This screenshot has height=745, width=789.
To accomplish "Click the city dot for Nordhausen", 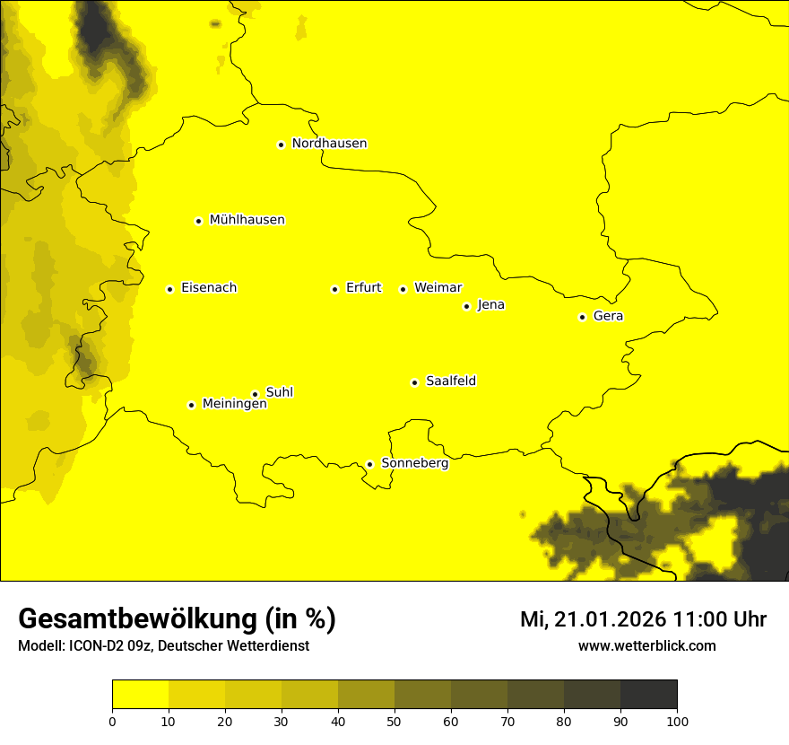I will click(x=281, y=145).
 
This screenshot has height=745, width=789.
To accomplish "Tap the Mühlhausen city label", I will click(x=247, y=220).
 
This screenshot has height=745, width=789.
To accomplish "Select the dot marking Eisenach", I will click(x=169, y=289).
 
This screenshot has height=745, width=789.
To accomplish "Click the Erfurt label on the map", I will click(x=363, y=288).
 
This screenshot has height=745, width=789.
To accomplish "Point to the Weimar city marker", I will click(x=403, y=289).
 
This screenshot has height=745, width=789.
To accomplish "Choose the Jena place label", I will click(x=490, y=305).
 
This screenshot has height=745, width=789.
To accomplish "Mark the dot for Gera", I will click(x=582, y=317).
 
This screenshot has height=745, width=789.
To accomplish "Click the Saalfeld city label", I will click(x=450, y=381).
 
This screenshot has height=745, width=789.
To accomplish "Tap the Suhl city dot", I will click(x=255, y=394).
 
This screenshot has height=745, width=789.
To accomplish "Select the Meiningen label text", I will click(x=234, y=405).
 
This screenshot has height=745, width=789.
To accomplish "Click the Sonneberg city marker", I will click(x=369, y=464).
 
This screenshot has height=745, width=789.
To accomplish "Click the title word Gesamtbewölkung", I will click(x=136, y=619).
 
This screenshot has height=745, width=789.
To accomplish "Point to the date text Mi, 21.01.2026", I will click(x=592, y=619).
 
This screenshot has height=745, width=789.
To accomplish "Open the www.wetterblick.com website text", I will click(x=646, y=646).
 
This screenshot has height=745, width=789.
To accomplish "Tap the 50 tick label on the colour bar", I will click(x=394, y=721).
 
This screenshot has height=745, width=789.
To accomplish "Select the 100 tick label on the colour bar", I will click(x=677, y=721).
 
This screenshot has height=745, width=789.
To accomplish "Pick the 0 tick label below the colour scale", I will click(x=112, y=721).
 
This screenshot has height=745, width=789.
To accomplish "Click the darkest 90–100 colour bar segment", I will click(x=648, y=695).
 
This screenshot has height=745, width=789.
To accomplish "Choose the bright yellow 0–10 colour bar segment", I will click(x=140, y=695).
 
